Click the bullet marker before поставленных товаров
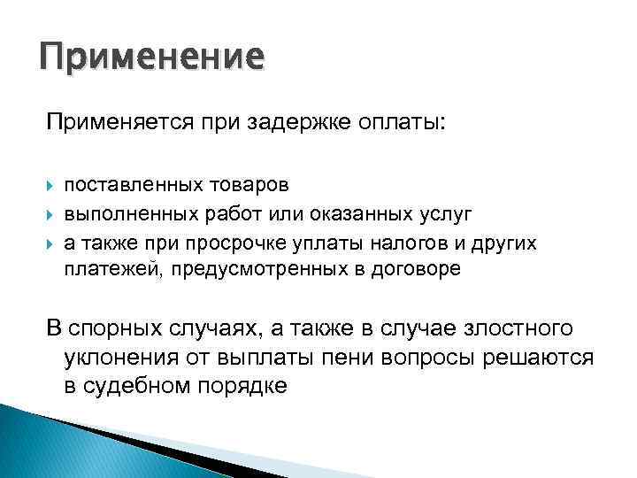coord(50,186)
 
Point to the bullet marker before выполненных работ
coord(50,214)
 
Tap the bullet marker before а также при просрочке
coord(50,243)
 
